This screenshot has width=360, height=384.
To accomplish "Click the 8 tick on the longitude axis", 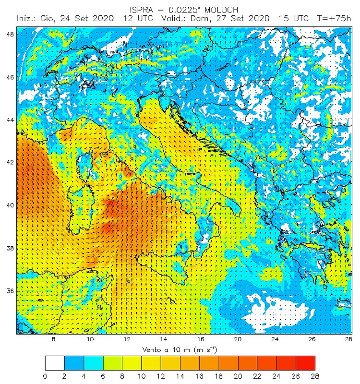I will click(x=54, y=339).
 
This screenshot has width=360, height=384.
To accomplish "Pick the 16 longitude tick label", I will click(x=201, y=339).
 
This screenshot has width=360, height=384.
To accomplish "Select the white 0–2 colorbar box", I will click(x=54, y=362).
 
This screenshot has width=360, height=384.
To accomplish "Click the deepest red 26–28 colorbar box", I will click(x=305, y=362).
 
